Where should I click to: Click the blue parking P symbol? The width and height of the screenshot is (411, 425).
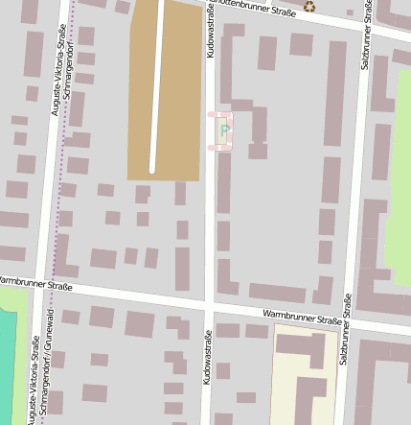(225, 130)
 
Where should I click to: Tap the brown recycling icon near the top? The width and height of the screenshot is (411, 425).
(308, 7)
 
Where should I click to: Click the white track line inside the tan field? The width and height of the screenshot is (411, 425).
(152, 86)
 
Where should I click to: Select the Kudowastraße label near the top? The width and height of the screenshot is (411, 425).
(211, 30)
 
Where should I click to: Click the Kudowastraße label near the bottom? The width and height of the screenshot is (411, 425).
(208, 358)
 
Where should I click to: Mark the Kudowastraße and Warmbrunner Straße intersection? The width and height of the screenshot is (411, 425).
(209, 304)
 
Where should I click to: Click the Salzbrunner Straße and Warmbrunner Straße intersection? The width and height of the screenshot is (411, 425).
(349, 324)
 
